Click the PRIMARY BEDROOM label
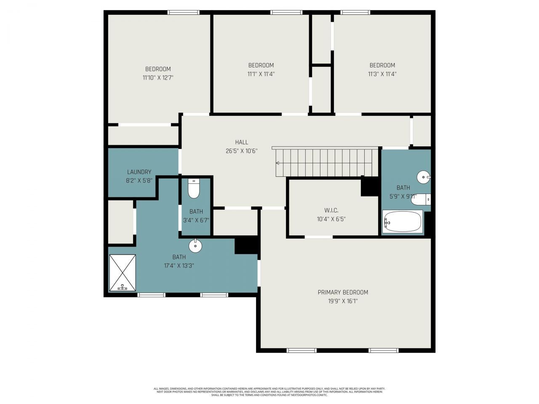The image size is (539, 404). tap(343, 292)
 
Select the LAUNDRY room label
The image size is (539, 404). tap(139, 172)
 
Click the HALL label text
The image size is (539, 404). tap(242, 142)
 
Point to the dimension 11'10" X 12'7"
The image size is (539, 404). tap(158, 78)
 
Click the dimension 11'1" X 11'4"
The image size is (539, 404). tap(261, 74)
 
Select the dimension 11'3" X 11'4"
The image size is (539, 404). tap(382, 74)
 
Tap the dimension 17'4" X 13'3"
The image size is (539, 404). tap(179, 266)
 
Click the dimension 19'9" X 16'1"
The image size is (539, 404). tap(343, 301)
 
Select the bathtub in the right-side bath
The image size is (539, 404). tap(403, 222)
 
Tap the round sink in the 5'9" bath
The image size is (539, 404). tap(423, 177)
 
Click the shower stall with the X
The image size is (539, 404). tap(123, 272)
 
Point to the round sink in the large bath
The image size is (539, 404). tap(195, 245)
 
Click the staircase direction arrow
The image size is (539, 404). tap(278, 163)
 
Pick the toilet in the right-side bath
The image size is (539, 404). tap(422, 199)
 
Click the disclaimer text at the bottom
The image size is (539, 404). tap(269, 392)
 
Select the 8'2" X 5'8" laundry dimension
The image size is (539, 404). tap(139, 181)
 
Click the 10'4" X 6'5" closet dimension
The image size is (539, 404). tap(331, 219)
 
